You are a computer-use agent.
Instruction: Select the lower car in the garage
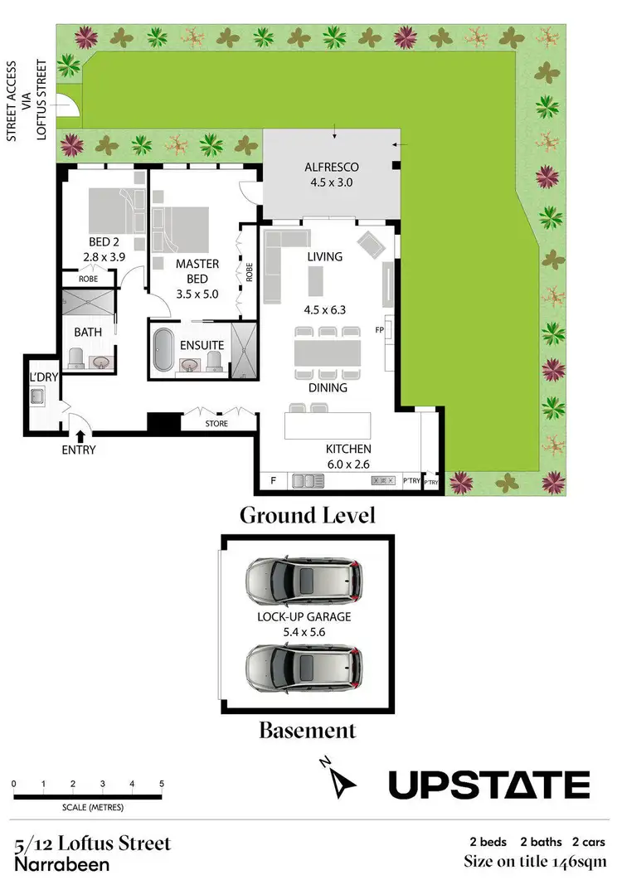coord(304,665)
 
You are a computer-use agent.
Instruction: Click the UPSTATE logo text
coord(489,784)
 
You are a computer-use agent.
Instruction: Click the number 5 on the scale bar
coord(161,784)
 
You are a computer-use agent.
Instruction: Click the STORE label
coord(216,424)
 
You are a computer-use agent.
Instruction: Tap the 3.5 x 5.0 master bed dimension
coord(197,293)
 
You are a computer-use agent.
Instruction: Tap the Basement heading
coord(307,731)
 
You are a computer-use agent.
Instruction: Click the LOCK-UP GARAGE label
coord(304,616)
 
